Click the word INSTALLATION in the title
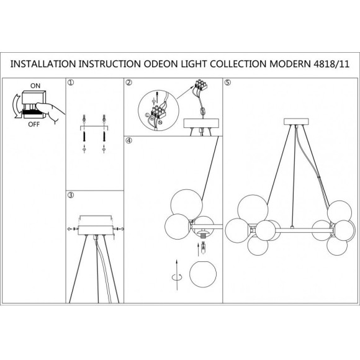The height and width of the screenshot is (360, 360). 43,64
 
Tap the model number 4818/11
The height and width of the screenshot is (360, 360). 331,64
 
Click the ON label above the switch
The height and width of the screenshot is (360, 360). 35,86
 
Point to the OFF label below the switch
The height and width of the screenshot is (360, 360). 34,124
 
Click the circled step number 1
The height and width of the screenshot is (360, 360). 71,83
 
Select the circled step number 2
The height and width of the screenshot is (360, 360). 129,83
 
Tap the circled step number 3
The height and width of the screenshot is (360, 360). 71,195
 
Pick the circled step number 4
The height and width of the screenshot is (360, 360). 129,140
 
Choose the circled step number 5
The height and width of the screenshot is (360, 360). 228,83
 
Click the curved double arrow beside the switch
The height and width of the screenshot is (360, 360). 15,106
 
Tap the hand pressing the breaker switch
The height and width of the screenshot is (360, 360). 50,112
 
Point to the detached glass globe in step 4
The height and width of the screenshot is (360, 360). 203,274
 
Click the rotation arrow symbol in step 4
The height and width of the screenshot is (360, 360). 177,277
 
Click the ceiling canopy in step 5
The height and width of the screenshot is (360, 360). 296,122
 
